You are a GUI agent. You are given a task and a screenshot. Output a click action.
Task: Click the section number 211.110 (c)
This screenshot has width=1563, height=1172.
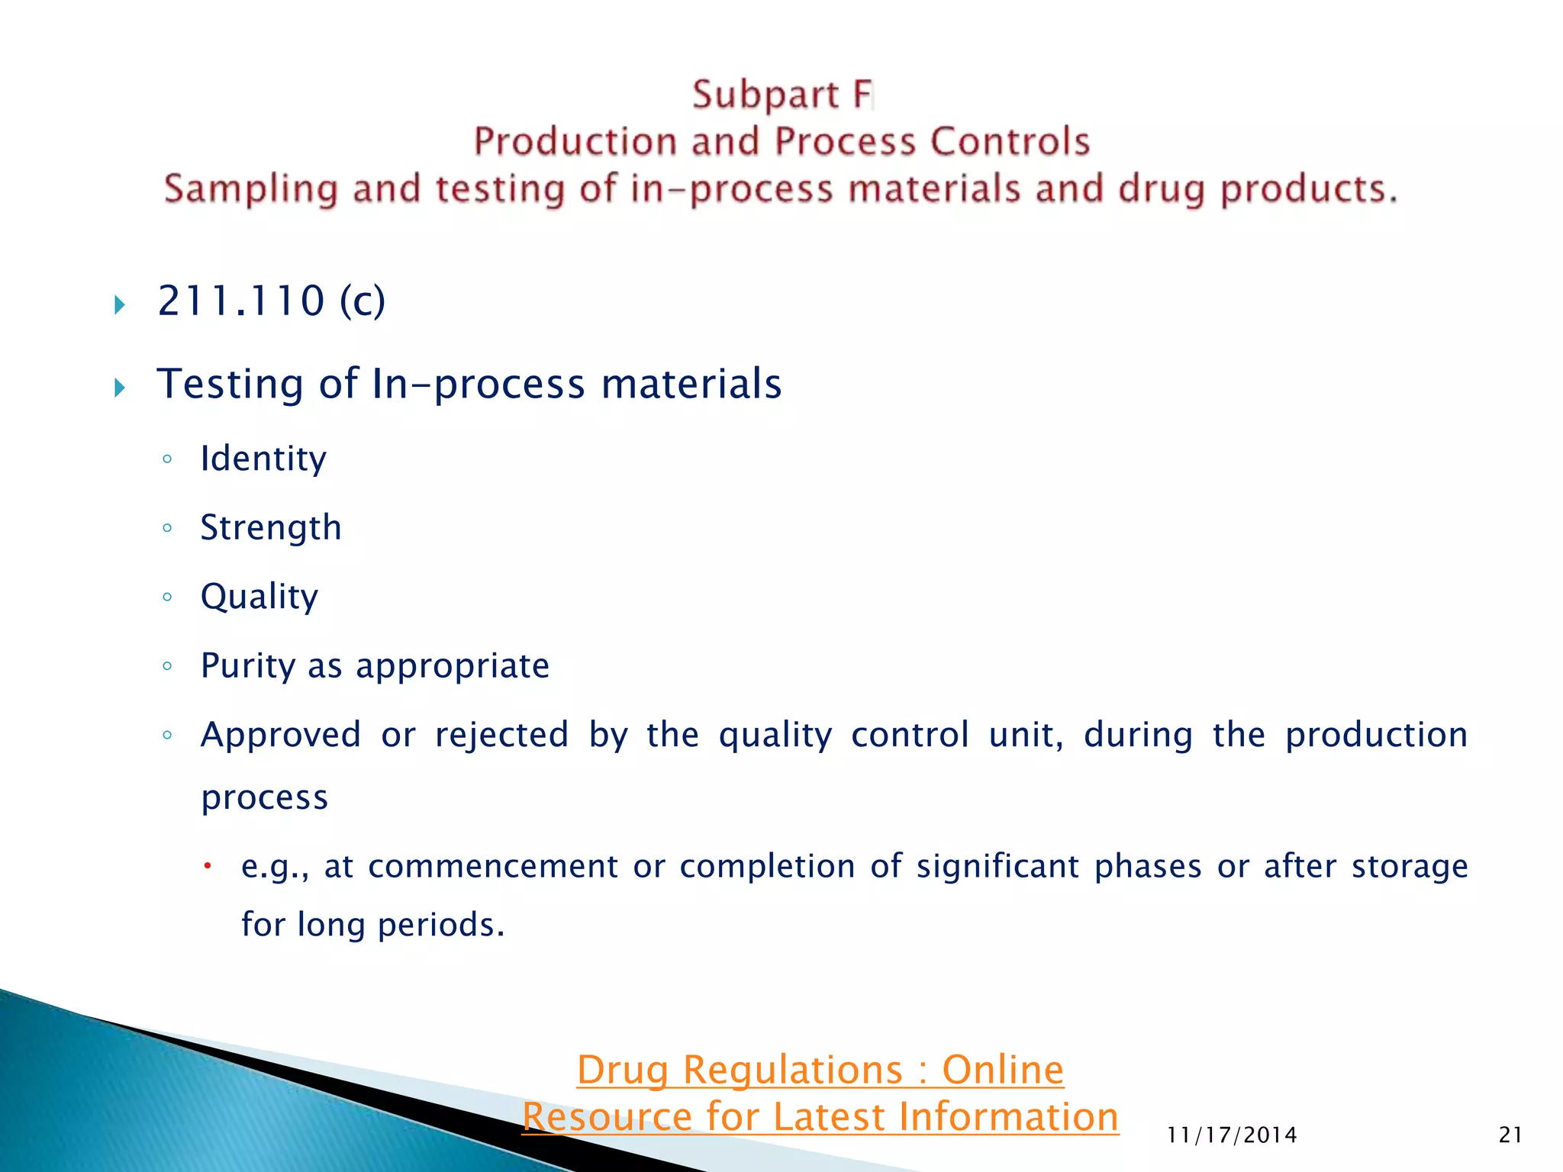tap(271, 301)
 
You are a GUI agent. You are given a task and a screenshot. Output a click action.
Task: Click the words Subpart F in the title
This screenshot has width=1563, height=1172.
tap(781, 95)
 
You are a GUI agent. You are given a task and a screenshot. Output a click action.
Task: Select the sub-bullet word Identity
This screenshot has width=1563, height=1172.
tap(263, 459)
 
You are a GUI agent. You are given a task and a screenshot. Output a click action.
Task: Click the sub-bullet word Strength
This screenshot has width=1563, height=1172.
tap(271, 528)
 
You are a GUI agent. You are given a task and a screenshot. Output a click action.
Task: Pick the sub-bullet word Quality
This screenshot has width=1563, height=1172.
tap(259, 597)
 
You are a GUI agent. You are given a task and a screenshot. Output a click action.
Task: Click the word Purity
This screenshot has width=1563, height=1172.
tap(247, 666)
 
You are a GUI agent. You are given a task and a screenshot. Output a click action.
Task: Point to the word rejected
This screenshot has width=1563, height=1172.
tap(501, 736)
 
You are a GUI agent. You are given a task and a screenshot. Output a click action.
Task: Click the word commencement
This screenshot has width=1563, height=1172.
tap(493, 867)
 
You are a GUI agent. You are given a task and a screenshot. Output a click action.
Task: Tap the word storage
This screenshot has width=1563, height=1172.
tap(1409, 867)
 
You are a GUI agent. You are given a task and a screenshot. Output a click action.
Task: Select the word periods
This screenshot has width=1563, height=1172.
tap(440, 925)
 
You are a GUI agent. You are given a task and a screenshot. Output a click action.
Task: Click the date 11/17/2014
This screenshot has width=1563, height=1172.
tap(1232, 1135)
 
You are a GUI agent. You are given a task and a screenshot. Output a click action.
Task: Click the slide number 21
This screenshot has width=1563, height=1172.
tap(1510, 1135)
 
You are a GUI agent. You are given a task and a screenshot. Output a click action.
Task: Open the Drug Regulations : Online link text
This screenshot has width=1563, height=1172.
tap(820, 1070)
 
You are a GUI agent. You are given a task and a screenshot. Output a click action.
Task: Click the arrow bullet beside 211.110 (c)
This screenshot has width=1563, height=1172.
tap(120, 305)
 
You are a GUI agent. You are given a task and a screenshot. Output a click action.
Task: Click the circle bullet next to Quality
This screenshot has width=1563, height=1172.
tap(167, 597)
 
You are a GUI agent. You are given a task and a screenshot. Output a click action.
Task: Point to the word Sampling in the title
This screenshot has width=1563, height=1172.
tap(250, 189)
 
